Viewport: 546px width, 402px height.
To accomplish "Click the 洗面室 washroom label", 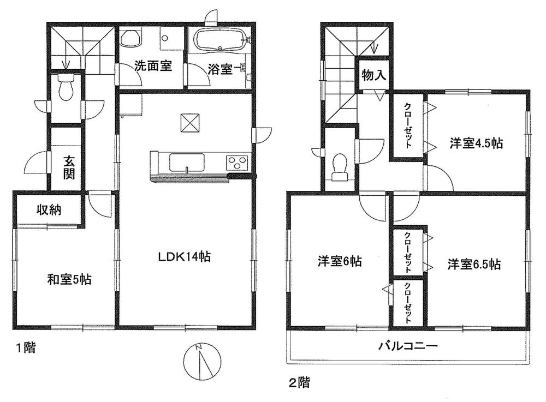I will point(153,67).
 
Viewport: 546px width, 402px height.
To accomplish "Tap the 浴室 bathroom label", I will point(221,69).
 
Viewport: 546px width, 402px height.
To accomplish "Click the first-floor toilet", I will point(66,90).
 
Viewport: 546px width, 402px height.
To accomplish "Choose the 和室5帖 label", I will point(69,280).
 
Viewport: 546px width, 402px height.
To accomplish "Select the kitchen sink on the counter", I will point(187,162).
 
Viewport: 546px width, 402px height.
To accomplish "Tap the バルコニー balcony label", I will point(408,346).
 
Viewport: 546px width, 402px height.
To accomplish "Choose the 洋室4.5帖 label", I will point(476,143).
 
